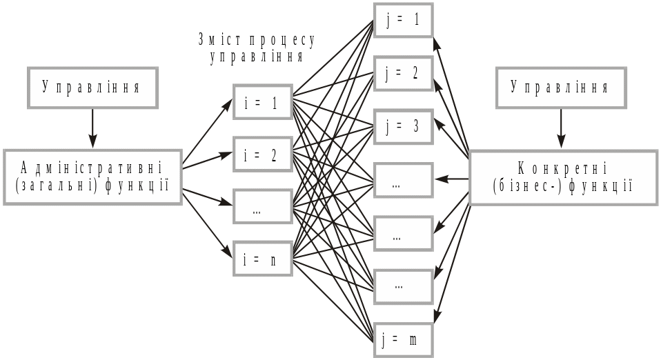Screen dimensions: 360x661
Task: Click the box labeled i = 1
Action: (x=263, y=103)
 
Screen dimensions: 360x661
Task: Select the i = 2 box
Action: (x=263, y=154)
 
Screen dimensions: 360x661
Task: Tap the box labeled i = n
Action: (x=263, y=259)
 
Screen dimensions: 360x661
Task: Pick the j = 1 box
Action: (x=403, y=21)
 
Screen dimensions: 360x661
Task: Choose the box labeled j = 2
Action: (x=403, y=73)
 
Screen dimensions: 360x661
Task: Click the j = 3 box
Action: (x=403, y=126)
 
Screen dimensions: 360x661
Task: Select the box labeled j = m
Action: (x=403, y=339)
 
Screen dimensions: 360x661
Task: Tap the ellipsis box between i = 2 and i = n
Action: (x=263, y=207)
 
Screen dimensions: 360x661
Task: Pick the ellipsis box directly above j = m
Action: (x=403, y=286)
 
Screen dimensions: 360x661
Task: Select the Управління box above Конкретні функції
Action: (x=560, y=88)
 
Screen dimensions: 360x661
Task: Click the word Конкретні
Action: (x=562, y=168)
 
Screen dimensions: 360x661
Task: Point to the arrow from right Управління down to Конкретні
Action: (x=561, y=129)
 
